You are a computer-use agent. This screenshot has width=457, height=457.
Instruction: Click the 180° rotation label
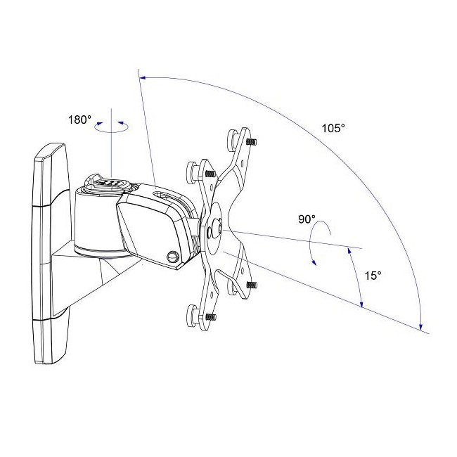(79, 120)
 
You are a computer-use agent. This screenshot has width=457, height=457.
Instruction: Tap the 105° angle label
(333, 128)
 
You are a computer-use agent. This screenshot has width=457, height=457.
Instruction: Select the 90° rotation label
(307, 219)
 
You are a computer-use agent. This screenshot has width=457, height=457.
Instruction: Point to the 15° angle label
(373, 276)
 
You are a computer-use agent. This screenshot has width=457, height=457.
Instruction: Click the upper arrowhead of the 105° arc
(143, 77)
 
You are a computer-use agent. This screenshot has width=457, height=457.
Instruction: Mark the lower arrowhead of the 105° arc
(420, 327)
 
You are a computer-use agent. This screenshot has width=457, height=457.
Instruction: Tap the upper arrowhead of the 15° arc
(349, 251)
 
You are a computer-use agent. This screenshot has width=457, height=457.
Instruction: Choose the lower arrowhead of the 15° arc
(361, 304)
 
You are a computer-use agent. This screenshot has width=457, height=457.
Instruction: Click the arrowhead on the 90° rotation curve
(314, 262)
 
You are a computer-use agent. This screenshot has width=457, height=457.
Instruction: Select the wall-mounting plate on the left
(49, 254)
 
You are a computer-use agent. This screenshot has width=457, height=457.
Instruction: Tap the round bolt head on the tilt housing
(172, 257)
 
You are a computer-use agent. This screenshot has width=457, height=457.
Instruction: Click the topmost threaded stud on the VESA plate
(251, 142)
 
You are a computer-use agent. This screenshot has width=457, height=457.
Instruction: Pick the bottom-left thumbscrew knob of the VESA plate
(193, 316)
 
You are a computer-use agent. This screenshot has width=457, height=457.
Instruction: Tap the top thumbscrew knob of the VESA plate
(234, 139)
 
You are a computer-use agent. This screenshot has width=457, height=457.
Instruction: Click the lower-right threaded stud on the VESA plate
(251, 285)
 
